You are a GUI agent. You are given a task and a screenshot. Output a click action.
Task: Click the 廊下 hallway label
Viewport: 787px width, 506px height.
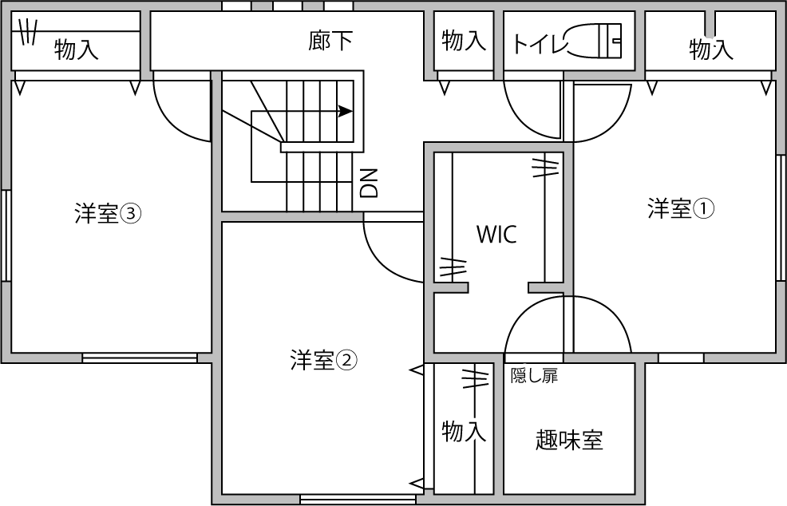point(330,42)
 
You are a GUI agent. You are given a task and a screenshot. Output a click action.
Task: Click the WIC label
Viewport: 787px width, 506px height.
point(496,235)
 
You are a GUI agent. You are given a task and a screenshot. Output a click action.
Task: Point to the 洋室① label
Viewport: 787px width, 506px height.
point(680,209)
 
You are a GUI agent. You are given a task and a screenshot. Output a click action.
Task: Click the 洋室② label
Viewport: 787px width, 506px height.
point(323,361)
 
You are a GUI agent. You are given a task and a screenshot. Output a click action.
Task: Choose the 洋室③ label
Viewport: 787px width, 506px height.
point(108,213)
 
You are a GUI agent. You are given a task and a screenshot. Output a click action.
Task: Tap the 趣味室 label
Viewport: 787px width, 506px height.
point(569,440)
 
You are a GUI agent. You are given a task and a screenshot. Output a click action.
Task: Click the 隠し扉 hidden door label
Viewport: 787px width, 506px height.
point(534,376)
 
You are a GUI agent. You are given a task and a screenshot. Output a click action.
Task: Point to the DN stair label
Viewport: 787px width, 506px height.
point(369,183)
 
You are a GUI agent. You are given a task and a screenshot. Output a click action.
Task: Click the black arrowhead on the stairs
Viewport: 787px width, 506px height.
point(346,111)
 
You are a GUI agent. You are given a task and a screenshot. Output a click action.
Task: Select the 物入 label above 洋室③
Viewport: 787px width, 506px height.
point(76,50)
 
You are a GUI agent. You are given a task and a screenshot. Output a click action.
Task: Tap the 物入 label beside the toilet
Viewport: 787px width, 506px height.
point(463,42)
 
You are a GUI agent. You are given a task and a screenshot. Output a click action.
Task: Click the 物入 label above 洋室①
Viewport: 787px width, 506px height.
point(710,49)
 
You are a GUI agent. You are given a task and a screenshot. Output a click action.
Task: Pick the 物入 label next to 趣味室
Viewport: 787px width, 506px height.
point(463,432)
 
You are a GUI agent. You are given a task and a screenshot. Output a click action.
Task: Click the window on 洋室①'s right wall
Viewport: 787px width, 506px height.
point(780,216)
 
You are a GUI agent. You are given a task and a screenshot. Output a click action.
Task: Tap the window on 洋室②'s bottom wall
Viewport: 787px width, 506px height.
point(358,500)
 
